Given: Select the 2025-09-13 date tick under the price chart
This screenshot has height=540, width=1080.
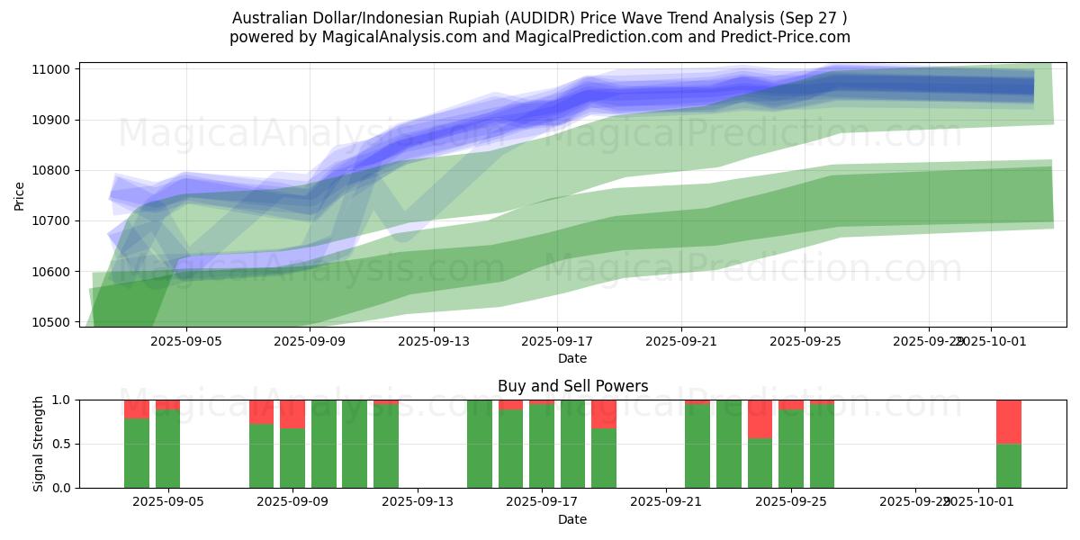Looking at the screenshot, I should click(x=433, y=341).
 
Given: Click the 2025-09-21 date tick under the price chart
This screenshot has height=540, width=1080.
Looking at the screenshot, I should click(x=680, y=341).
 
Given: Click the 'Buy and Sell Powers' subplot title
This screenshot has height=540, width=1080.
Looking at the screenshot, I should click(x=572, y=386).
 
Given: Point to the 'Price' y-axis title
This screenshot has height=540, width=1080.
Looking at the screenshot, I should click(x=20, y=195).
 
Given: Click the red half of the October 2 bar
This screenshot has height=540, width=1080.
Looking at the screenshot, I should click(x=1008, y=421).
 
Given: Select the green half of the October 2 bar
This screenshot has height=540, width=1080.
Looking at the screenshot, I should click(x=1008, y=465).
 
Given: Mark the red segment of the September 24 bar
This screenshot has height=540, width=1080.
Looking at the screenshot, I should click(x=760, y=418).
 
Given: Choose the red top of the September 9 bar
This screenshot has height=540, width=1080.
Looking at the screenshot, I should click(x=292, y=414).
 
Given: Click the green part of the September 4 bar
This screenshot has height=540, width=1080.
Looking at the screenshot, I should click(x=137, y=453).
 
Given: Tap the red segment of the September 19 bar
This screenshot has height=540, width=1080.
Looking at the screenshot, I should click(x=604, y=413).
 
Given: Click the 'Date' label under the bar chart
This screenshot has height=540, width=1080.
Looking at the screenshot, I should click(x=572, y=519).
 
